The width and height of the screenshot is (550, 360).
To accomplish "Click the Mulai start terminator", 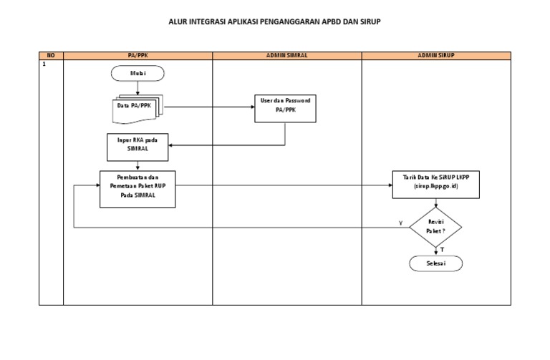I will pos(137,72).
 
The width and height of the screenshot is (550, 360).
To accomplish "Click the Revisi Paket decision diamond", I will pos(436,227).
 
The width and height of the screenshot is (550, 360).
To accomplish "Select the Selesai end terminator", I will pos(436,263).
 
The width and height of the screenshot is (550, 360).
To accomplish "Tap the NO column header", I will pos(50,55).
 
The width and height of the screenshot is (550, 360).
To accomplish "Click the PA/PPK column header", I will pos(137,55).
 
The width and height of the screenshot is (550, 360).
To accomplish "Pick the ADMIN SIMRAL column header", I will pos(286,55).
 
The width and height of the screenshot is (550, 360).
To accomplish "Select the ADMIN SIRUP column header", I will pos(436,55).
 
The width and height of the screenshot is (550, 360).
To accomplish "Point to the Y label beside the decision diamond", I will pos(400,223).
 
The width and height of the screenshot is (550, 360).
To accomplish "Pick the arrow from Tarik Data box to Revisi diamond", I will pos(436,203).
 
